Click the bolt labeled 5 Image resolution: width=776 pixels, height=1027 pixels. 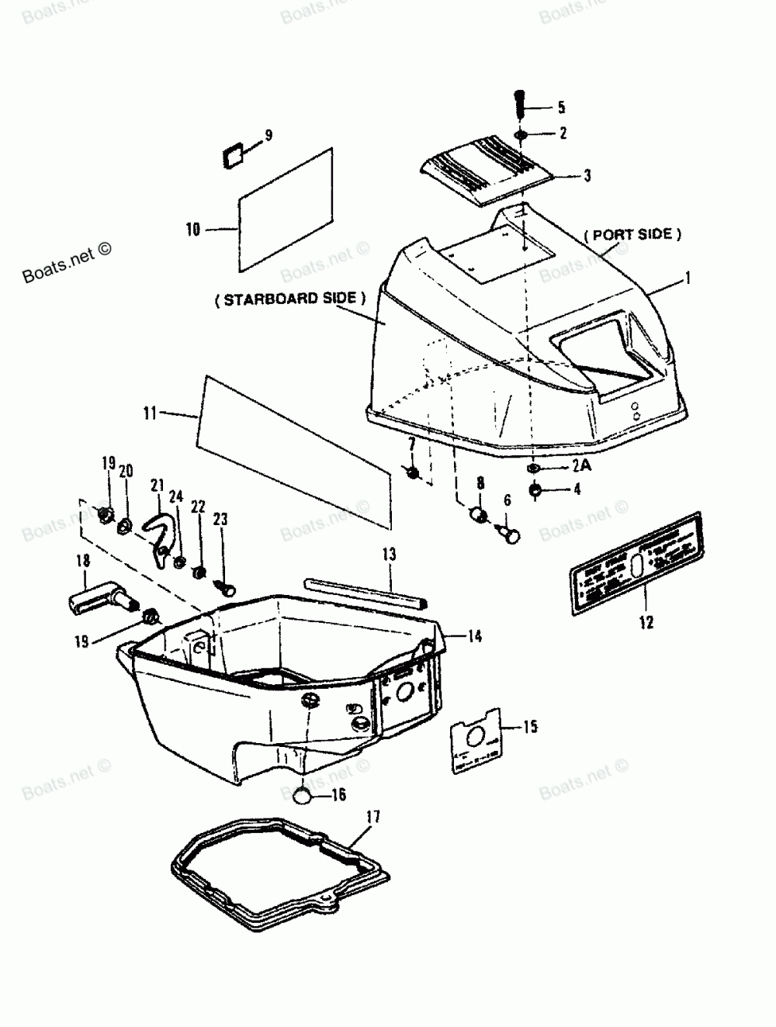pyautogui.click(x=520, y=104)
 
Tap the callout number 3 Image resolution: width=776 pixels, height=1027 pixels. pyautogui.click(x=587, y=176)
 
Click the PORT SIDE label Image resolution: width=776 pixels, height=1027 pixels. pyautogui.click(x=632, y=234)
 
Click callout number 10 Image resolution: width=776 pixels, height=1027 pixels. pyautogui.click(x=192, y=229)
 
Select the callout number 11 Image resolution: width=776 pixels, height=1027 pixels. pyautogui.click(x=150, y=413)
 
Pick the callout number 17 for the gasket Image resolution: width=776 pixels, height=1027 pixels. pyautogui.click(x=373, y=816)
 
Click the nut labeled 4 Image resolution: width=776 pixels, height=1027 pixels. pyautogui.click(x=535, y=490)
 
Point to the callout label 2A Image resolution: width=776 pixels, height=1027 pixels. pyautogui.click(x=581, y=467)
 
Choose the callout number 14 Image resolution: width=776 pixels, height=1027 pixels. pyautogui.click(x=474, y=636)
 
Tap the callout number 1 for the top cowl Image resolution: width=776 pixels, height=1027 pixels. pyautogui.click(x=688, y=276)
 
